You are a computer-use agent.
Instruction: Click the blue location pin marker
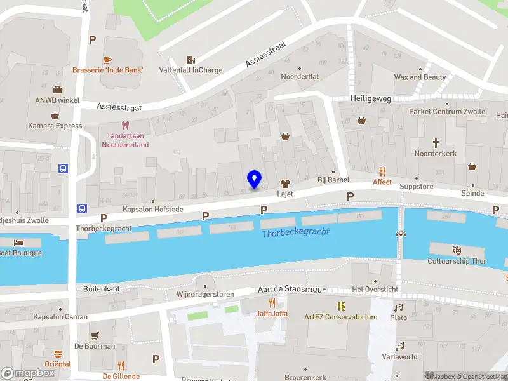[255, 179]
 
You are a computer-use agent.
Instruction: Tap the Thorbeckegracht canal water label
[296, 232]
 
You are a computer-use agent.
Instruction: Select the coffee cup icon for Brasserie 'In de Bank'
[107, 59]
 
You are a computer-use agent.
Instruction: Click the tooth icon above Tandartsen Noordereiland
[125, 125]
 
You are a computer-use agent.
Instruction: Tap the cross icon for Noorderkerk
[436, 143]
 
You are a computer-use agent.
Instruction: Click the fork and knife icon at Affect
[382, 171]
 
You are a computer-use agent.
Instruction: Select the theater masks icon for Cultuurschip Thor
[457, 250]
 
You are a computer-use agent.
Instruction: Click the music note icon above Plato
[399, 307]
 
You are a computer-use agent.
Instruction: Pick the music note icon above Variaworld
[399, 346]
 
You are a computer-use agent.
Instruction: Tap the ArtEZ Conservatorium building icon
[340, 306]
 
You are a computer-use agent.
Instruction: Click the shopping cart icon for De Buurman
[95, 336]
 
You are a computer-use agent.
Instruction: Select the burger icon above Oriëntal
[58, 354]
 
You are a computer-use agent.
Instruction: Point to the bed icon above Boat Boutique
[18, 243]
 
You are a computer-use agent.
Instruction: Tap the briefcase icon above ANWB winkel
[57, 90]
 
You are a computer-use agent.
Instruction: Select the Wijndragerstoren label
[205, 294]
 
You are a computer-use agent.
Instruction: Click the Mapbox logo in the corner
[29, 373]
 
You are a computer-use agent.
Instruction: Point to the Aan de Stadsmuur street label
[291, 290]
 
